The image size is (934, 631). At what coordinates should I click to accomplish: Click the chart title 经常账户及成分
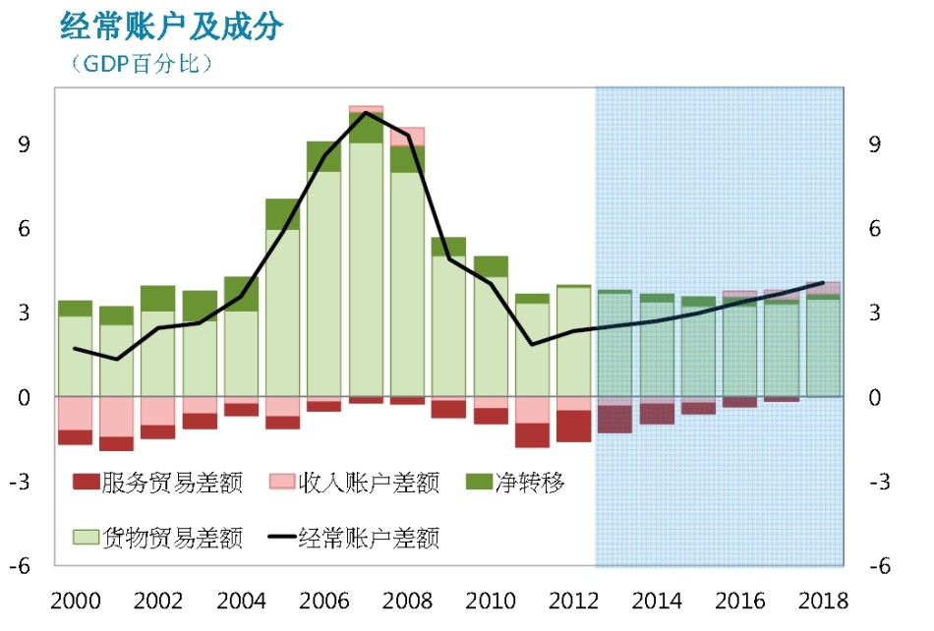click(171, 27)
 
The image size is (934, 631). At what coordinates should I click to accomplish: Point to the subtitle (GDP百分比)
click(142, 63)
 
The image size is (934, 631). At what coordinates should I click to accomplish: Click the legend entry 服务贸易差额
click(158, 483)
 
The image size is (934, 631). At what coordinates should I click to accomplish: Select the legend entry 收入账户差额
click(354, 483)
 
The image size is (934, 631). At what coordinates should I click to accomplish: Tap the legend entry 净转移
click(515, 483)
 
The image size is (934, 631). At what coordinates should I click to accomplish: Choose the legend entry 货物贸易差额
click(158, 539)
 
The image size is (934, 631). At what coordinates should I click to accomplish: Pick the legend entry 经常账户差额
click(354, 539)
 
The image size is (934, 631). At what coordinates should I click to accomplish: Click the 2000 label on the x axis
click(76, 602)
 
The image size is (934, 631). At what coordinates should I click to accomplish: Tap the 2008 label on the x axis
click(407, 602)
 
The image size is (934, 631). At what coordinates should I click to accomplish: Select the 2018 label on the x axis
click(823, 602)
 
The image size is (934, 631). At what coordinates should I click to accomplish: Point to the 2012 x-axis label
click(573, 602)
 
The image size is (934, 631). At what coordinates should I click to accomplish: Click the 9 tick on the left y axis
click(24, 144)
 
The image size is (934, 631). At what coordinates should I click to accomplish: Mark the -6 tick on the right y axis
click(880, 565)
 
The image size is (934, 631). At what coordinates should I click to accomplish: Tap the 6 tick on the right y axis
click(874, 229)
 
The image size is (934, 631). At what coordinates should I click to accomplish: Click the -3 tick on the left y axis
click(20, 481)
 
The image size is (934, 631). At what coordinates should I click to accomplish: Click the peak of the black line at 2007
click(366, 112)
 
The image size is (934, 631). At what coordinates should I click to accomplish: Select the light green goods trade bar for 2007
click(366, 269)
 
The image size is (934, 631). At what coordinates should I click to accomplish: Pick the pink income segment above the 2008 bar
click(407, 137)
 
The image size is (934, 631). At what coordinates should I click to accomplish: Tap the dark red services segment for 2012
click(573, 427)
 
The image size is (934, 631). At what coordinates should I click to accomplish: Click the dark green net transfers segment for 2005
click(282, 214)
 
